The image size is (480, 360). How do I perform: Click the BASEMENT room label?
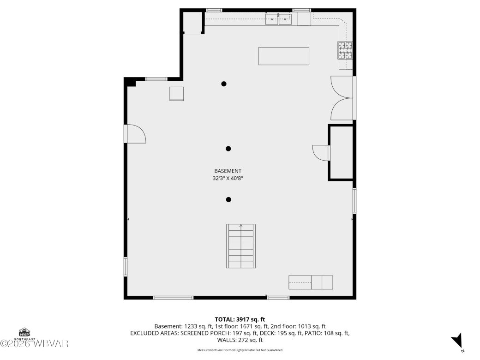[228, 171]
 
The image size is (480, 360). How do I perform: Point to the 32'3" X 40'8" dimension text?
[228, 178]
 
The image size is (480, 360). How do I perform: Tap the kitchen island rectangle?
[283, 56]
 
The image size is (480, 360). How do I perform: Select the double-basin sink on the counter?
[278, 19]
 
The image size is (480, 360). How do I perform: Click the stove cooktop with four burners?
[345, 50]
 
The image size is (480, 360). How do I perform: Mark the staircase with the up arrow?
[240, 246]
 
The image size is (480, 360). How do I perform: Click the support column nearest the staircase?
[228, 200]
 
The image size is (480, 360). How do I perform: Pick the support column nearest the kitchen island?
[224, 84]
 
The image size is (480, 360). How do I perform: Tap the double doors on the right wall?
[343, 98]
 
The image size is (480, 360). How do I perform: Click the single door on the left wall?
[135, 134]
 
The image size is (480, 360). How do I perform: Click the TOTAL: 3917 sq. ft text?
[240, 319]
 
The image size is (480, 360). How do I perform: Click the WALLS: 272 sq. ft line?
[240, 340]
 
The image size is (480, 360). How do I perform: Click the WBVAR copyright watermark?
[35, 344]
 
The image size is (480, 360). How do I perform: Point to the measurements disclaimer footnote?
[240, 350]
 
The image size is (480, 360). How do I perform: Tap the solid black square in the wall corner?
[131, 83]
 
